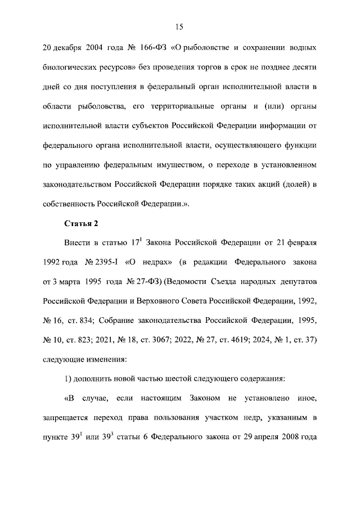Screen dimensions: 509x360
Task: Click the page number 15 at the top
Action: (179, 26)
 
